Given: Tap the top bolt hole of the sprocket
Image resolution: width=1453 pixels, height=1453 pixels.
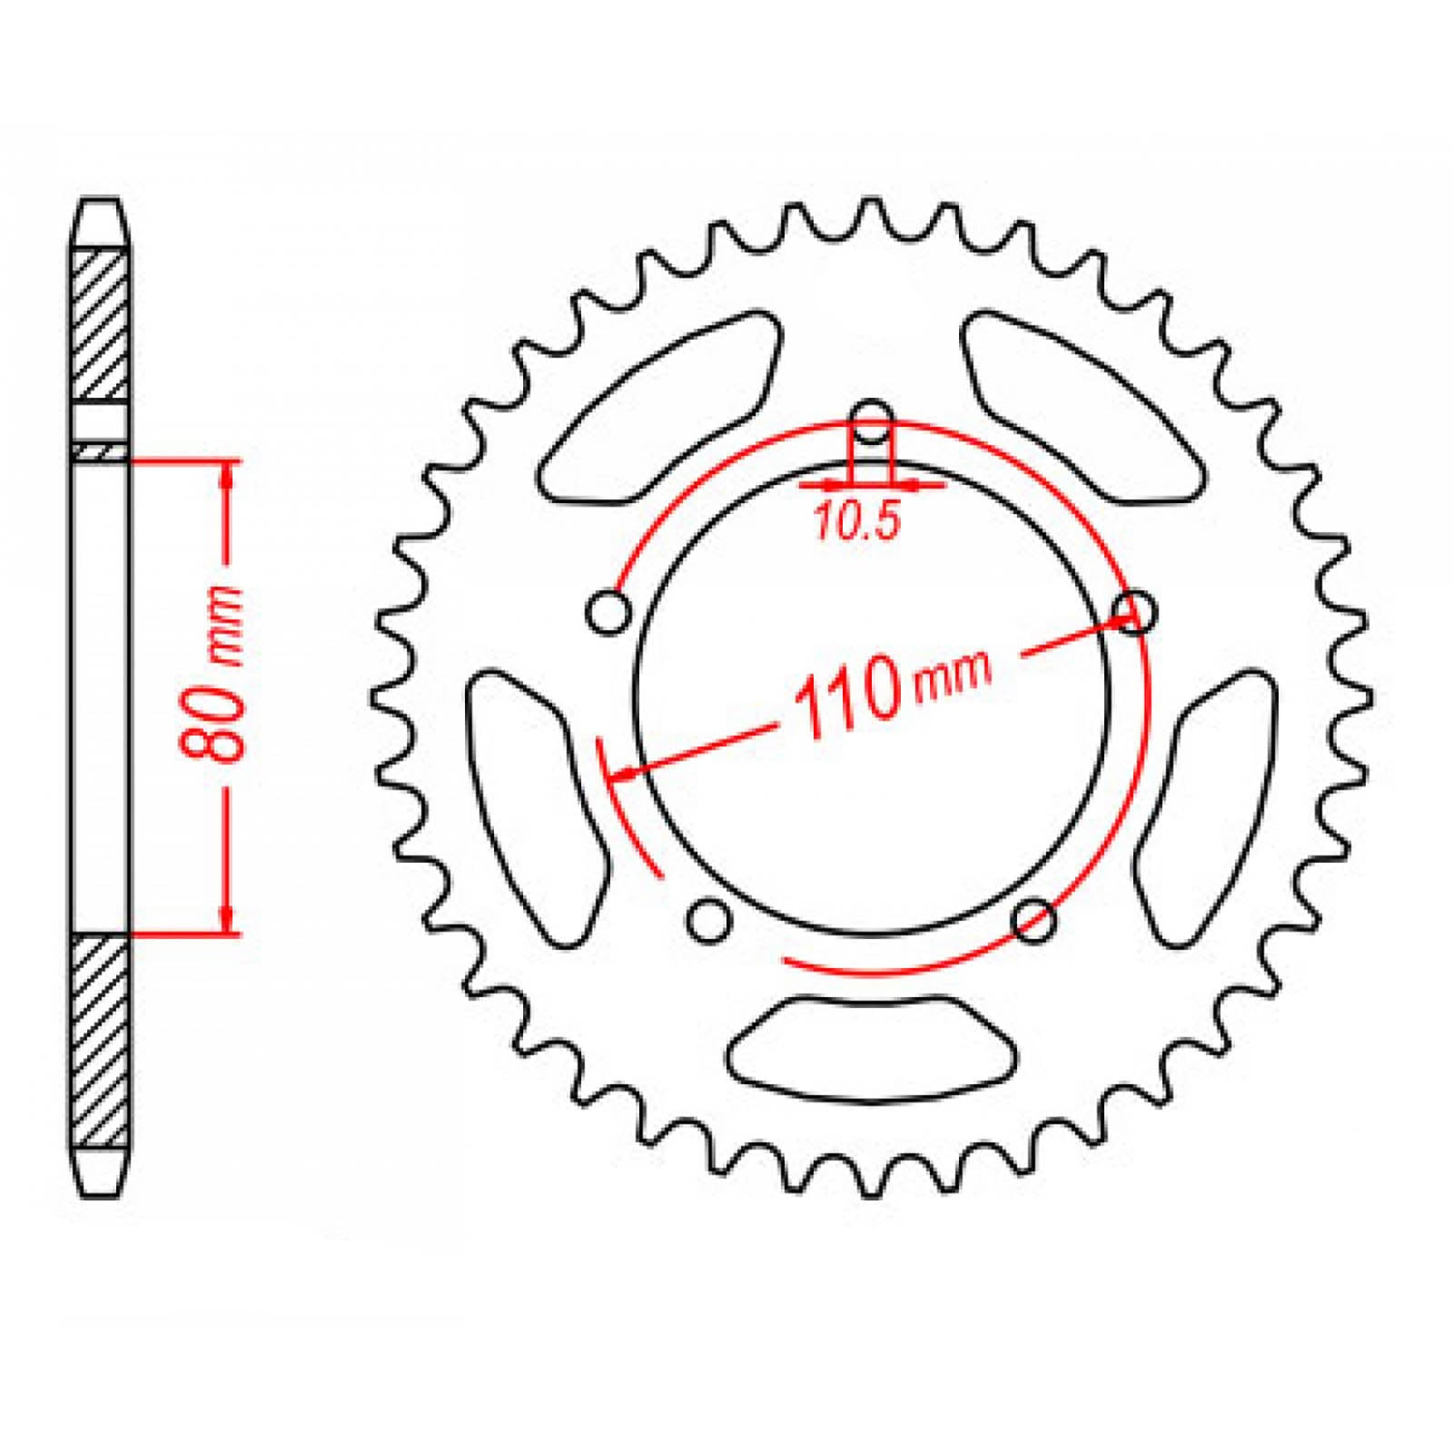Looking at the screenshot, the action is click(872, 421).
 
